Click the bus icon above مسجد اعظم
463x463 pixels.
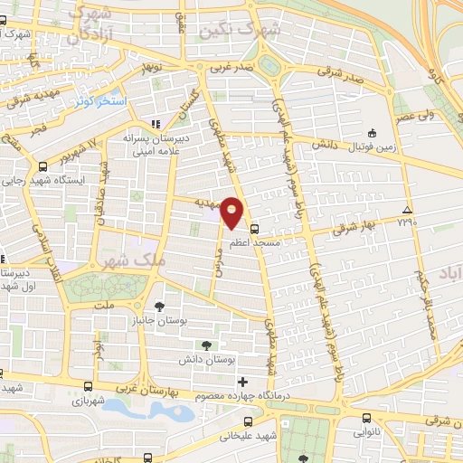(254, 228)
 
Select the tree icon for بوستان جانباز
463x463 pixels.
(159, 307)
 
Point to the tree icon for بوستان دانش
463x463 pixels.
(207, 345)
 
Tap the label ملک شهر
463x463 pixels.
(128, 260)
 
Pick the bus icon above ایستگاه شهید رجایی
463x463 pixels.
(43, 166)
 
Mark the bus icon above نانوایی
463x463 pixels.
(365, 418)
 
